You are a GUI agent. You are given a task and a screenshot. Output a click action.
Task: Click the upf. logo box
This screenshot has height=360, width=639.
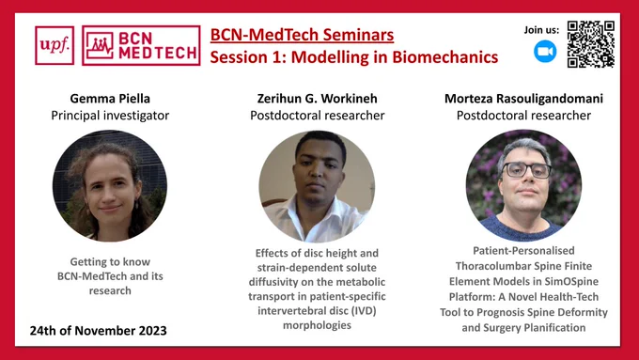pyautogui.click(x=55, y=45)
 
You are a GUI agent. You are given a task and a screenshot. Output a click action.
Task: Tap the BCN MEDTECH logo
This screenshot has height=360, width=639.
pyautogui.click(x=141, y=45)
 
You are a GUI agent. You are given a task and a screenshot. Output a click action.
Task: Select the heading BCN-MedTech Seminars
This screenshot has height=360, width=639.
pyautogui.click(x=302, y=35)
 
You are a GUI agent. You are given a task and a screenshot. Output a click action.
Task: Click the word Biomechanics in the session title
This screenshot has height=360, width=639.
pyautogui.click(x=445, y=57)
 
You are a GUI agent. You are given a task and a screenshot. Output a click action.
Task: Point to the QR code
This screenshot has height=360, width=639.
pyautogui.click(x=590, y=44)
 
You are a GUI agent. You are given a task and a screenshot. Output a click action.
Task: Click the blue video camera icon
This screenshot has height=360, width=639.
pyautogui.click(x=545, y=52)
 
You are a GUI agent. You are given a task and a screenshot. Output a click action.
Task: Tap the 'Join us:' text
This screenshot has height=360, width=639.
pyautogui.click(x=541, y=30)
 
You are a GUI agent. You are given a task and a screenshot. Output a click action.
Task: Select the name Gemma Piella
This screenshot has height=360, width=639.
pyautogui.click(x=110, y=99)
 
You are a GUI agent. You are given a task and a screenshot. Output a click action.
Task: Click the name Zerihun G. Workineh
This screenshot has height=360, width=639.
pyautogui.click(x=317, y=99)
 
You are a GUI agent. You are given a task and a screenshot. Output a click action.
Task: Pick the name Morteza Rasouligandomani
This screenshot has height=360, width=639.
pyautogui.click(x=523, y=99)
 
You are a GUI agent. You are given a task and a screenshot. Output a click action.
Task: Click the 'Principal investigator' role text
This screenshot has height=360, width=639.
pyautogui.click(x=110, y=116)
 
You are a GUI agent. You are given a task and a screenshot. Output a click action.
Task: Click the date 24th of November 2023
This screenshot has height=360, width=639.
pyautogui.click(x=99, y=330)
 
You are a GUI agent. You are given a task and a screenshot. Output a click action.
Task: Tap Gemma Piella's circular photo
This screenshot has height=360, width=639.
pyautogui.click(x=110, y=186)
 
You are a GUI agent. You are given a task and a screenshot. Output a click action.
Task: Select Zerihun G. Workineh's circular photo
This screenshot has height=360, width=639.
pyautogui.click(x=317, y=186)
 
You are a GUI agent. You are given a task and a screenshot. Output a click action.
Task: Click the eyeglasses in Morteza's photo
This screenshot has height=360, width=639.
pyautogui.click(x=526, y=169)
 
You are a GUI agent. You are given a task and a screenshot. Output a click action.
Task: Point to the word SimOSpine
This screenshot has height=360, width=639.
pyautogui.click(x=574, y=281)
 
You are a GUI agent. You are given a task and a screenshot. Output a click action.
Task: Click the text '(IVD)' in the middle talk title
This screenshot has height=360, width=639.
pyautogui.click(x=364, y=311)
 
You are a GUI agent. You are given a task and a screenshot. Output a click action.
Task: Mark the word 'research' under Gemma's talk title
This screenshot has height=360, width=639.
pyautogui.click(x=110, y=290)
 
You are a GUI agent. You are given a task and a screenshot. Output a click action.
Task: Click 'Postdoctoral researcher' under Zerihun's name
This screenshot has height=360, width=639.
pyautogui.click(x=317, y=116)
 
